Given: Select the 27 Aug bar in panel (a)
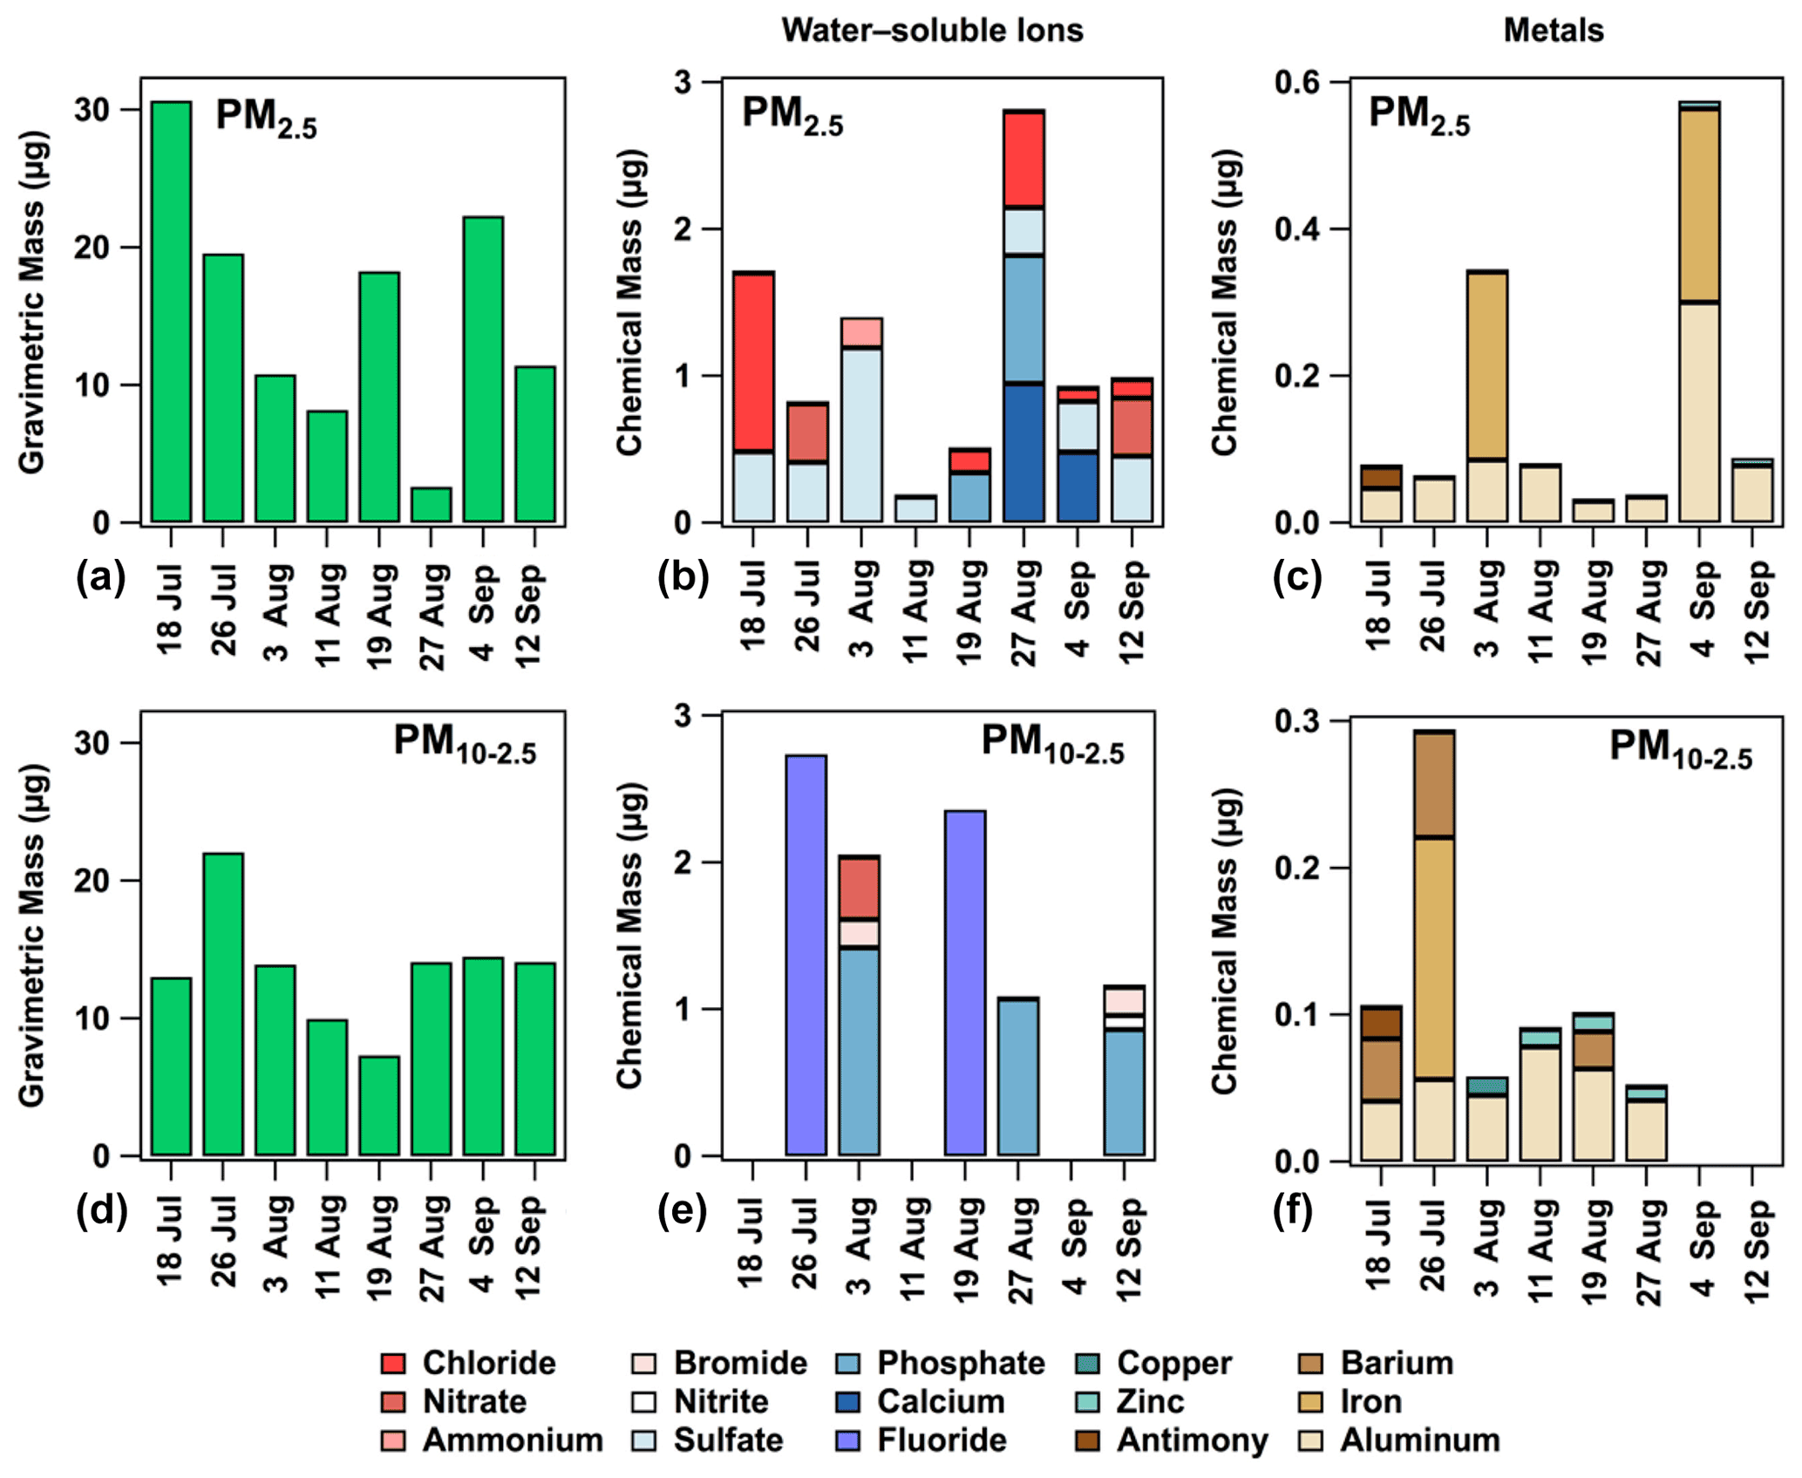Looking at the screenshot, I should coord(431,505).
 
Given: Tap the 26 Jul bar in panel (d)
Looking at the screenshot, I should coord(223,1004).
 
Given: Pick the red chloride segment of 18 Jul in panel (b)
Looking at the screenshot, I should coord(753,362).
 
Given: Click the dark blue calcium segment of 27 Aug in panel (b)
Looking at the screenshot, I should coord(1023,453).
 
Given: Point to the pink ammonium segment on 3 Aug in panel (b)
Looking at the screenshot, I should coord(861,332).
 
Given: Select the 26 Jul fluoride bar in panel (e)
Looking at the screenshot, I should coord(806,955).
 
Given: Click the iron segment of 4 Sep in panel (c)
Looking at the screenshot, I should coord(1699,206).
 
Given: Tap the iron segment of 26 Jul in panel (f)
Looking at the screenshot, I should coord(1434,957).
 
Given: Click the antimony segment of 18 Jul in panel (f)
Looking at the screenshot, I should coord(1381,1023).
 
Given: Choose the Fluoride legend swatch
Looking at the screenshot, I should coord(847,1440).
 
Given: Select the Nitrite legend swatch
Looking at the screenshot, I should coord(644,1401).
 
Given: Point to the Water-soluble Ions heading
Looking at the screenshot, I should coord(931,31).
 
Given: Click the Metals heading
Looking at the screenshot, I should coord(1553,31).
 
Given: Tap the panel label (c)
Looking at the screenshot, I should coord(1297,578).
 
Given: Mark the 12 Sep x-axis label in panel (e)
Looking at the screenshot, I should coord(1128,1249).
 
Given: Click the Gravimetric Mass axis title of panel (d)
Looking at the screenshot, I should coord(32,935).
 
